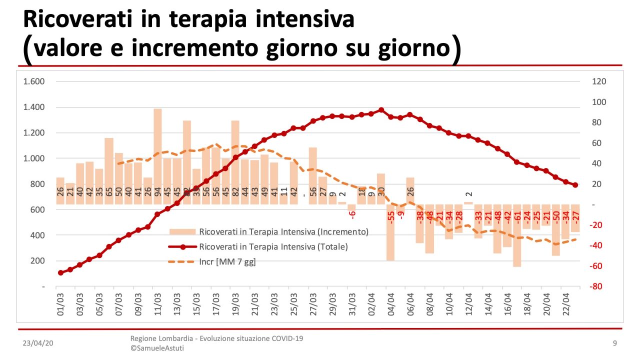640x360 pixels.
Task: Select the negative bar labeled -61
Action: click(517, 235)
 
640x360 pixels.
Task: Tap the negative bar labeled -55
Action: click(390, 232)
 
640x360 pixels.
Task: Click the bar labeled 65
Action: click(109, 170)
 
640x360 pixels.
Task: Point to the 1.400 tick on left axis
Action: click(34, 107)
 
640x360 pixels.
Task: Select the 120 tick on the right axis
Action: click(598, 81)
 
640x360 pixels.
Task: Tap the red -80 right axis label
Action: click(598, 286)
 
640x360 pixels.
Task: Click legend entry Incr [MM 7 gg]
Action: click(227, 261)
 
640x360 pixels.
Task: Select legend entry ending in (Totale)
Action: click(273, 247)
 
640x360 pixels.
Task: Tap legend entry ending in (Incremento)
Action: click(283, 232)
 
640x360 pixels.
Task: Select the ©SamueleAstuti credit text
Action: click(157, 348)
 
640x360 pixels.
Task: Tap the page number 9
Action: click(614, 343)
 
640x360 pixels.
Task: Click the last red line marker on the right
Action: click(575, 185)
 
